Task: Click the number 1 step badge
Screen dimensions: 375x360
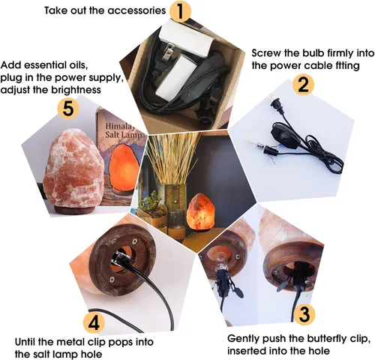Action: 180,11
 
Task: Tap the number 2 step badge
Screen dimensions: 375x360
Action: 303,85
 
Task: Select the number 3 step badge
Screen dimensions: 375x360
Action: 304,314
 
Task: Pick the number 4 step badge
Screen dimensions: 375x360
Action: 94,322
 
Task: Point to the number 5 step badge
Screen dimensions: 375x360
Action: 68,109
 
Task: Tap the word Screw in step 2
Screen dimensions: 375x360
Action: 267,53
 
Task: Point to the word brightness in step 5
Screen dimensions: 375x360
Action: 76,90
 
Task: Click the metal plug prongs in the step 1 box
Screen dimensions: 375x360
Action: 170,51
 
